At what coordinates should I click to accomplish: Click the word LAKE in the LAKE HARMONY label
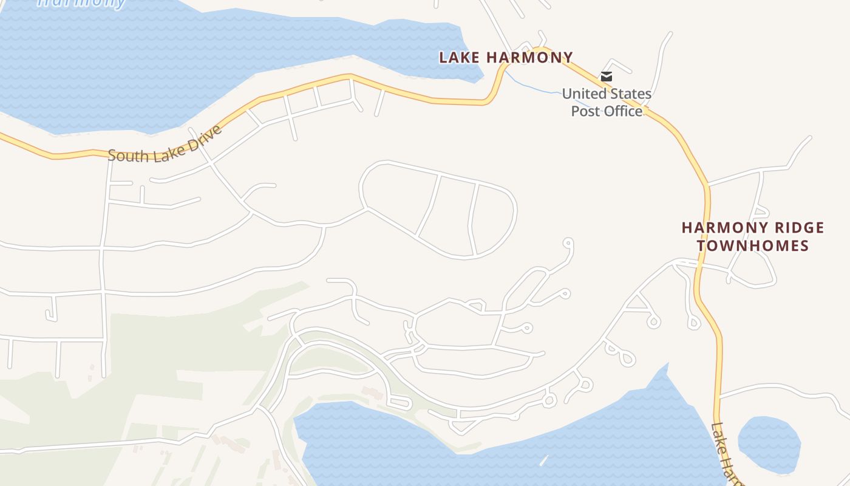point(460,58)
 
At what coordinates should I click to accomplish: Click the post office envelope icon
point(606,77)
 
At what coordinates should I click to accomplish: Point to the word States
point(631,94)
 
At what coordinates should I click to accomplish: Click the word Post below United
point(586,111)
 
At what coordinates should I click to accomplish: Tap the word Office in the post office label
point(624,111)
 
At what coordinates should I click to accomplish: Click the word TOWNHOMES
point(753,246)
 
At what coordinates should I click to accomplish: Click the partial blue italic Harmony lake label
point(82,2)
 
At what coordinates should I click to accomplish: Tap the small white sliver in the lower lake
point(543,460)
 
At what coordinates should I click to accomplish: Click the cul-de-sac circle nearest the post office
point(568,243)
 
